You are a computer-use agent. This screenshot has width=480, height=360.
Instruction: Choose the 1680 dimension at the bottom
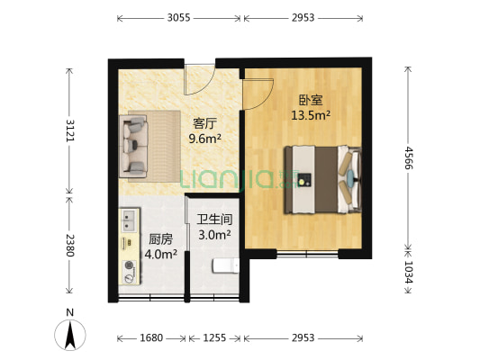point(151,337)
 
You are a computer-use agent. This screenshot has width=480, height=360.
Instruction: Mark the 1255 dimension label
point(214,337)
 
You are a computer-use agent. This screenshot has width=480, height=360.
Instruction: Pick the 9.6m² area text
point(205,139)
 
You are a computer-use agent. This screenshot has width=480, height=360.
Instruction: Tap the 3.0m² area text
point(214,234)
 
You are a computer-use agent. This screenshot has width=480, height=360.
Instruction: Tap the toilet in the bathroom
point(222,265)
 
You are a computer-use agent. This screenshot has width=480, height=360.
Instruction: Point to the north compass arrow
point(70,335)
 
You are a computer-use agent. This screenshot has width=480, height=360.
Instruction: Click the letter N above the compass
point(70,312)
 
